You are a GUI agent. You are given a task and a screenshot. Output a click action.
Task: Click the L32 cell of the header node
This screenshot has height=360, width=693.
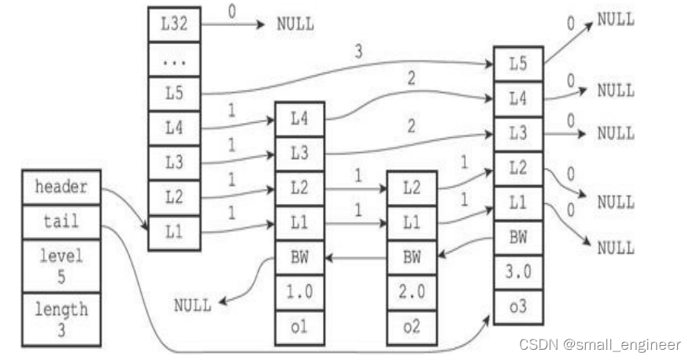click(x=173, y=24)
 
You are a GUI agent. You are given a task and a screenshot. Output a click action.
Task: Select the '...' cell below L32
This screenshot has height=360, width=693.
click(x=173, y=58)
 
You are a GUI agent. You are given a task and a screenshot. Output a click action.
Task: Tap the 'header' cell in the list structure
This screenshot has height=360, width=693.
click(x=61, y=187)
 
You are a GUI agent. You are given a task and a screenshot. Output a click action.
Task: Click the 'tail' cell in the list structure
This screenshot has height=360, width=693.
click(x=61, y=221)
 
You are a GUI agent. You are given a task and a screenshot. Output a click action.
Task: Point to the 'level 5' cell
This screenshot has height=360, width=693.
click(x=61, y=265)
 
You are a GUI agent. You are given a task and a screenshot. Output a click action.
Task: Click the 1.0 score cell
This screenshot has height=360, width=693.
click(x=298, y=291)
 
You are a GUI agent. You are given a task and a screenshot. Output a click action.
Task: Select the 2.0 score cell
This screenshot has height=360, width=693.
click(x=412, y=291)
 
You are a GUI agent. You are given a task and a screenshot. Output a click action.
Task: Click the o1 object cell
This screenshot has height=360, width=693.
click(x=298, y=326)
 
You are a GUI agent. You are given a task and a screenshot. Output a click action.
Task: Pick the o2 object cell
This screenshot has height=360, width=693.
click(x=412, y=326)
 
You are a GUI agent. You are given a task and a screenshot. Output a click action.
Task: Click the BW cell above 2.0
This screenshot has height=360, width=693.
click(x=412, y=256)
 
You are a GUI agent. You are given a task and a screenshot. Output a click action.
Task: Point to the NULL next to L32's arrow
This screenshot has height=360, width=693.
click(x=295, y=24)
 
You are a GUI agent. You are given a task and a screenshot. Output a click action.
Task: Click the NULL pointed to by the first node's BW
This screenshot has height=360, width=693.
click(x=192, y=305)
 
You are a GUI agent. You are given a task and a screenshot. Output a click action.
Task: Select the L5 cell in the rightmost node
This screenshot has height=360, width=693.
click(x=517, y=63)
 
